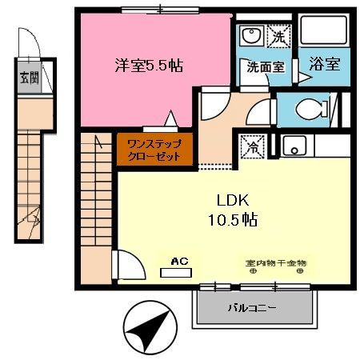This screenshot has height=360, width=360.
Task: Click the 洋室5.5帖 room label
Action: coord(149,66)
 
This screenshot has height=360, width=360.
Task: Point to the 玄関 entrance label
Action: coord(28,78)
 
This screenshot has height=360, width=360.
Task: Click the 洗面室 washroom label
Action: coord(265,68)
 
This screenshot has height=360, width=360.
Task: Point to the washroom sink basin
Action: coord(250,36)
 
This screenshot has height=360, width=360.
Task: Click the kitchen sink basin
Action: coord(293,146)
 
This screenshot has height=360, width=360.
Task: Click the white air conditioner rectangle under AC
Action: coord(178,272)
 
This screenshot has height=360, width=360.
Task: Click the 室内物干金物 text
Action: coord(276,262)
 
